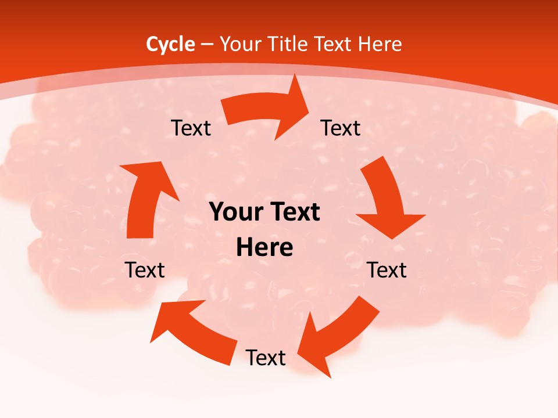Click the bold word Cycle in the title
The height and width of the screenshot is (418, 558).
tap(170, 44)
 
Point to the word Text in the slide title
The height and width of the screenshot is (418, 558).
tap(334, 44)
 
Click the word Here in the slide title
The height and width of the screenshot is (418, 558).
tap(381, 44)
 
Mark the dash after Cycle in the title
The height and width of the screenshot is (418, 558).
tap(207, 45)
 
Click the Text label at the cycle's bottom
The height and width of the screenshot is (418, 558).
tap(266, 358)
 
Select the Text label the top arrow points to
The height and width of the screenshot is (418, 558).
tap(341, 128)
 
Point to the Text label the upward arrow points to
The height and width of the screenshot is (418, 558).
tap(191, 128)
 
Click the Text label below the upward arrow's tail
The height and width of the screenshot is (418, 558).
tap(145, 270)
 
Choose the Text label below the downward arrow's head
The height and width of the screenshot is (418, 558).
tap(387, 270)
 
